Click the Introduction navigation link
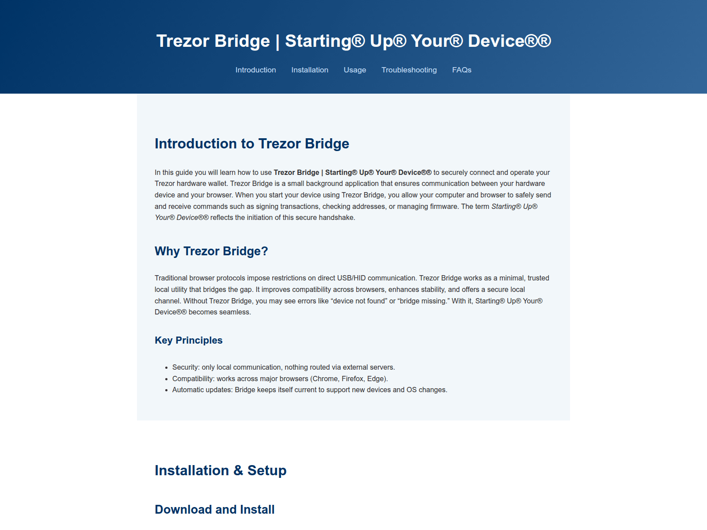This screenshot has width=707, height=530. point(255,70)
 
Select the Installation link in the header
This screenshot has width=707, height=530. point(310,70)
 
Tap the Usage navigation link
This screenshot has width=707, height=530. point(355,70)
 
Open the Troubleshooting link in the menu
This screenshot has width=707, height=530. point(409,70)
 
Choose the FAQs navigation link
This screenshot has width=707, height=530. point(462,70)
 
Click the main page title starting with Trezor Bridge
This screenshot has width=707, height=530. point(353,41)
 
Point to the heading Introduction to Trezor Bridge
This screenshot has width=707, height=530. point(252,144)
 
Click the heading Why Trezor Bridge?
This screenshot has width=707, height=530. point(211,251)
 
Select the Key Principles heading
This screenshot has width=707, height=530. point(189,340)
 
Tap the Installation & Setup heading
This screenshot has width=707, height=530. point(220,470)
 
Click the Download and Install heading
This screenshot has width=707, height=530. point(215,509)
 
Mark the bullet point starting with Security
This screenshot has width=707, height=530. point(283,367)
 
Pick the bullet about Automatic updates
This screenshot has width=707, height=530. point(309,390)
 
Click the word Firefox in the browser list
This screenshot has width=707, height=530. point(352,379)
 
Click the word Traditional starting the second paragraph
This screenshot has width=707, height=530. point(171,278)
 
